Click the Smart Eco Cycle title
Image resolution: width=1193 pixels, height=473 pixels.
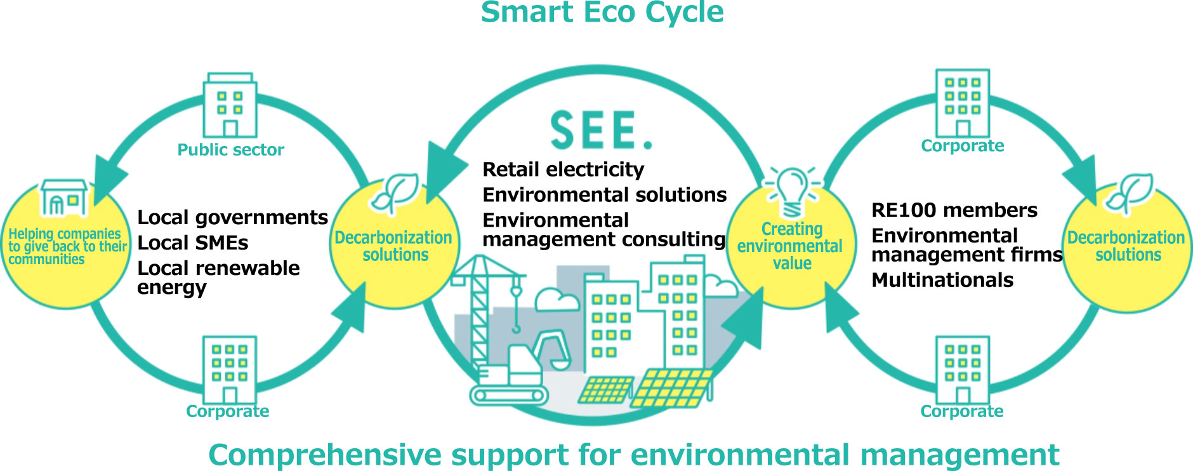[602, 13]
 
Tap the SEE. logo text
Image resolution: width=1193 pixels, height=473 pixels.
[600, 130]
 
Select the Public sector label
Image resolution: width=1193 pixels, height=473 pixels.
[230, 150]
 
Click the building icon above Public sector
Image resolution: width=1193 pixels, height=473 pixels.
[230, 105]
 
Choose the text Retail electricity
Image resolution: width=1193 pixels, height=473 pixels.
[563, 170]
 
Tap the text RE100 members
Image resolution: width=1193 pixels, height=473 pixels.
[954, 210]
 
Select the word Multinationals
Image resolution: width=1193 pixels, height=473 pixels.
[942, 280]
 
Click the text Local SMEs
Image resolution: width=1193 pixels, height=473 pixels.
[192, 243]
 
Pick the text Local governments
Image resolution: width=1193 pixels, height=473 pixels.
[232, 218]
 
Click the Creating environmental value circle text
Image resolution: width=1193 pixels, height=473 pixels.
[791, 246]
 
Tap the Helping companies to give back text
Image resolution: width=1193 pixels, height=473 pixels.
[66, 246]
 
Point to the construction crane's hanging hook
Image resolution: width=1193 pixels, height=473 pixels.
[516, 327]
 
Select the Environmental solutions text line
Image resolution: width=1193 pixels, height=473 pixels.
[604, 195]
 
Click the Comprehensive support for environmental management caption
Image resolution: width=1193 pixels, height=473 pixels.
[633, 455]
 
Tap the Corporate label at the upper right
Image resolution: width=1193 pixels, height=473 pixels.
[962, 146]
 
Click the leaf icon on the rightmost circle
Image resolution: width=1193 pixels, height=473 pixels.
[1128, 193]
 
